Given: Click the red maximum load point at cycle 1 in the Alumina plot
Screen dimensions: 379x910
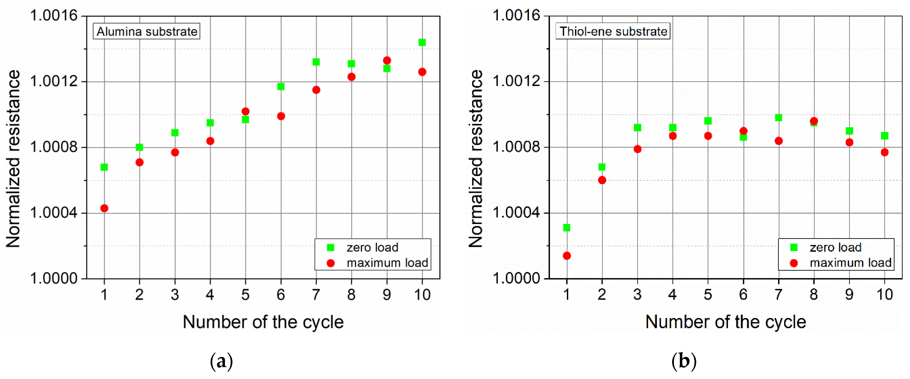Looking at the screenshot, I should pos(104,208).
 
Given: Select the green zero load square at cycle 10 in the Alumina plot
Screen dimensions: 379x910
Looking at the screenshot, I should pos(422,42).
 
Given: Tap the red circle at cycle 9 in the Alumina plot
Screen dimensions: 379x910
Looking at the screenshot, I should pos(387,61).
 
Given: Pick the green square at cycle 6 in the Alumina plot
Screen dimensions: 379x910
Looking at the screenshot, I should pos(281,87).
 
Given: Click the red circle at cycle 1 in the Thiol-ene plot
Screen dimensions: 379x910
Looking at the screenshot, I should pos(567,256).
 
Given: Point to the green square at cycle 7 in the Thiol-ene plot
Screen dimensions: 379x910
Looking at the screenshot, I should pos(779,118).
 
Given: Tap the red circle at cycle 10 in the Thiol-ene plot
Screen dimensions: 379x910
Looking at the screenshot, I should pos(884,152).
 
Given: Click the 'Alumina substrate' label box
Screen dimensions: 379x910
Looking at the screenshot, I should pos(147,32).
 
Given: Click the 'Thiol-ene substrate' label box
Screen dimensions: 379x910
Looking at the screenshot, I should pos(613,32).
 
